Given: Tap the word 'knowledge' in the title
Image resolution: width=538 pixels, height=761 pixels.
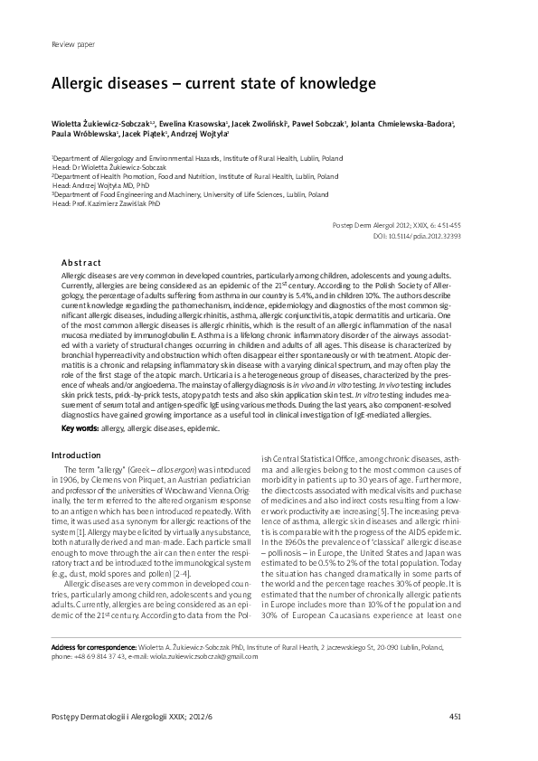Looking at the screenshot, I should tap(334, 83).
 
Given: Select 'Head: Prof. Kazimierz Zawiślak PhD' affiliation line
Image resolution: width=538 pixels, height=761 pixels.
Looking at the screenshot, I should tap(107, 204).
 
